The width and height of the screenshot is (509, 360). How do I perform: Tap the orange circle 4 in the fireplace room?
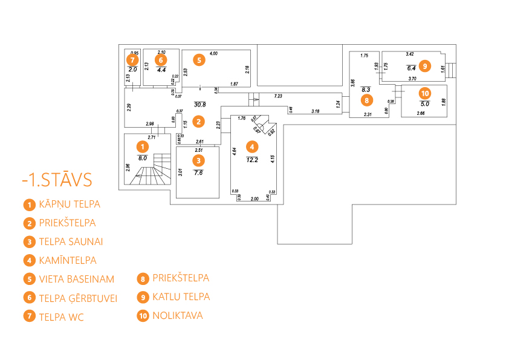[x=252, y=146]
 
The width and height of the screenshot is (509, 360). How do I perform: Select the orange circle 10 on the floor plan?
[x=425, y=93]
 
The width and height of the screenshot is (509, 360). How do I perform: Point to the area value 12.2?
[x=253, y=160]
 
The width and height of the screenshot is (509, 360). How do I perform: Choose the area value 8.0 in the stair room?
[x=142, y=158]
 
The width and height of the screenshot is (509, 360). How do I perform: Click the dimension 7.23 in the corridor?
[x=278, y=96]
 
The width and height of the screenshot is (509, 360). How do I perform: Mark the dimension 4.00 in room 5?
[x=213, y=54]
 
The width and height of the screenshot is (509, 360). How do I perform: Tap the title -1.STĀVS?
[x=56, y=180]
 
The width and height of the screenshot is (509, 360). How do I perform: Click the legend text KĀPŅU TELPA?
[x=70, y=204]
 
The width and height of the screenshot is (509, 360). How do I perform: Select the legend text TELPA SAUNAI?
[x=71, y=241]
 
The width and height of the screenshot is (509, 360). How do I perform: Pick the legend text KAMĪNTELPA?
[x=68, y=260]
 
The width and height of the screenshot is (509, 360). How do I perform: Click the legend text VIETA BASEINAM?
[x=76, y=279]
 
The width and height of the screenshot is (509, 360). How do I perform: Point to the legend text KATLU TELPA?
[x=181, y=296]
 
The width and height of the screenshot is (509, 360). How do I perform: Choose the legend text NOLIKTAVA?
[x=178, y=315]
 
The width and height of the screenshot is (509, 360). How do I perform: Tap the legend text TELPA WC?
[x=61, y=316]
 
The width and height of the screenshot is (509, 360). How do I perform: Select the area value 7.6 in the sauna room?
[x=199, y=172]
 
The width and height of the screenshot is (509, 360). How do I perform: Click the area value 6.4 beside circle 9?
[x=412, y=68]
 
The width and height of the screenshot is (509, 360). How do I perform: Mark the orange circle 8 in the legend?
[x=143, y=279]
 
